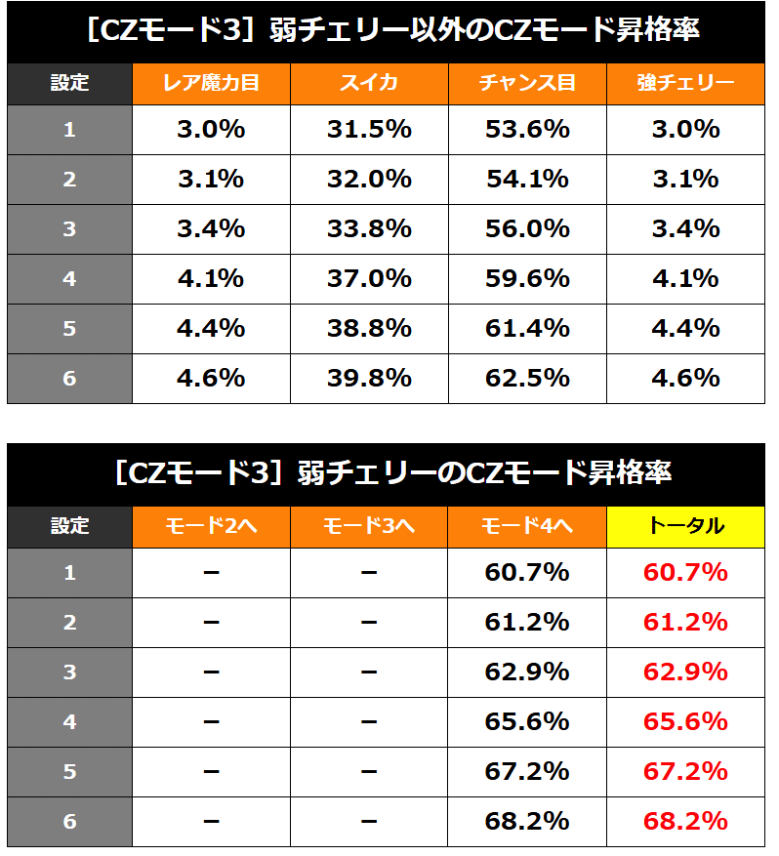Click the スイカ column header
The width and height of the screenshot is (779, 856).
(x=369, y=83)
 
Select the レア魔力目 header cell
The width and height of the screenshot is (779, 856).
(x=211, y=83)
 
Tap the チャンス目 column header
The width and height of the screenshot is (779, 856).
(x=527, y=83)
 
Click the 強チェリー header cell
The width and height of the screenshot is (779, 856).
(x=685, y=83)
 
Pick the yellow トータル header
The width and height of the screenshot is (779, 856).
(x=685, y=526)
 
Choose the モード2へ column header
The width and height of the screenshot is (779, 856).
(x=211, y=526)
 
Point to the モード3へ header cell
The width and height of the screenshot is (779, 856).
(x=369, y=526)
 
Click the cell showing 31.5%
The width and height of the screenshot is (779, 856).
(x=369, y=130)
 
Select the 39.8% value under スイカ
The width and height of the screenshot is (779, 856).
(x=369, y=378)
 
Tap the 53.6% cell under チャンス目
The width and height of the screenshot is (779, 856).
(x=527, y=130)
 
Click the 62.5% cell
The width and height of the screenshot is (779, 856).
(x=527, y=378)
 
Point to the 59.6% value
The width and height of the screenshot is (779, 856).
(x=527, y=278)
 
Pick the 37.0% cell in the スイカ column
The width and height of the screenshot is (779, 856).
(x=369, y=278)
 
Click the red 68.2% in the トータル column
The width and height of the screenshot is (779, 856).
(x=685, y=821)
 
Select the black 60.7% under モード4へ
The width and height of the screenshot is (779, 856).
(x=527, y=573)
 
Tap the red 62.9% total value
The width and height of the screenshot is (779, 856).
(x=685, y=673)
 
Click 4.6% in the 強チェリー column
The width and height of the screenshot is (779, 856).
(x=685, y=378)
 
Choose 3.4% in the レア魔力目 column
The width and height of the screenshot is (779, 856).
(x=211, y=229)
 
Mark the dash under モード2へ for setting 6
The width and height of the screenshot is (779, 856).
(x=211, y=821)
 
